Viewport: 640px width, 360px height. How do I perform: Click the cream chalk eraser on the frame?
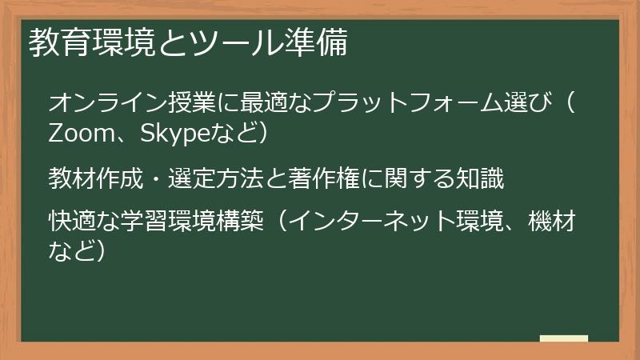tap(563, 338)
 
